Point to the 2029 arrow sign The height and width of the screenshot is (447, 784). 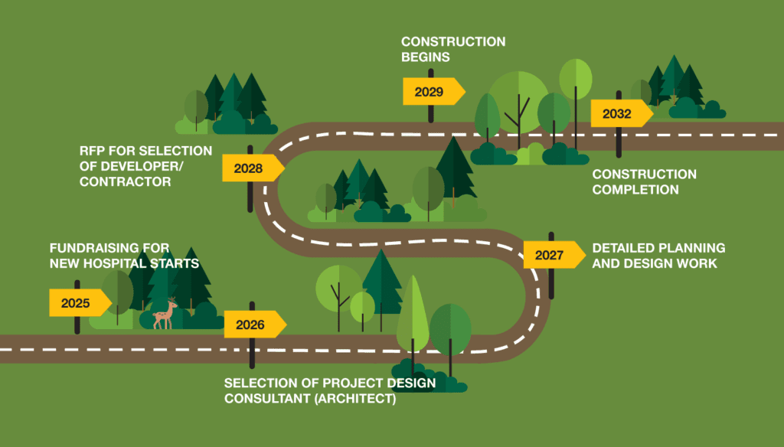431,92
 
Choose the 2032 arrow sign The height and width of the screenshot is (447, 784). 619,114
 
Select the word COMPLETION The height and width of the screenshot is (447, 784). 635,189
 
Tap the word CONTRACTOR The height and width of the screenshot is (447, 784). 125,181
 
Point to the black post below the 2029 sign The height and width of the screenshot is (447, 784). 431,113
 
